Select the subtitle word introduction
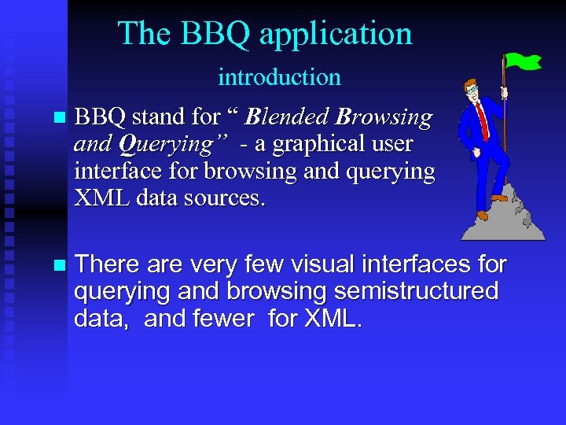click(x=279, y=77)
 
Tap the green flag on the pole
click(x=523, y=60)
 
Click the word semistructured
click(x=416, y=292)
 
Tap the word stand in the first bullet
click(x=154, y=118)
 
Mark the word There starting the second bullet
click(x=106, y=265)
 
